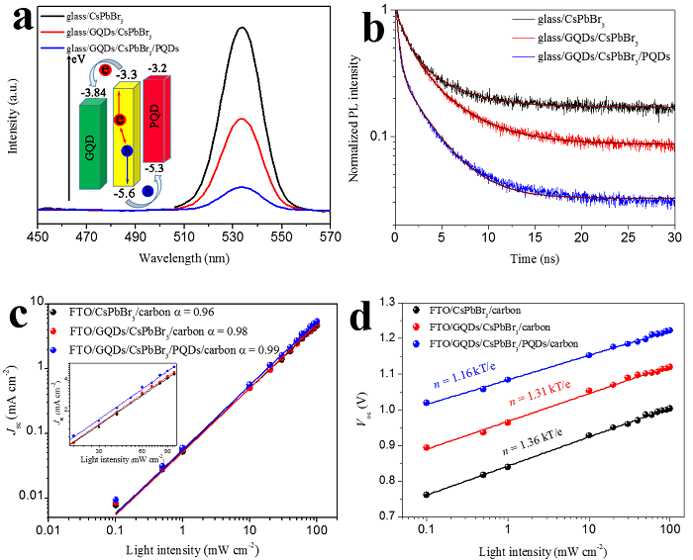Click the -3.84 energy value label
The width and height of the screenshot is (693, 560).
pos(94,92)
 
